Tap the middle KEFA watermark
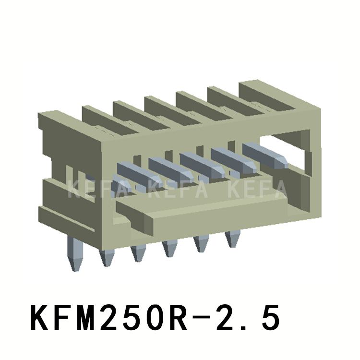click(x=178, y=189)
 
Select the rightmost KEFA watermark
click(x=256, y=189)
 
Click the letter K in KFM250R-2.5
click(x=39, y=319)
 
